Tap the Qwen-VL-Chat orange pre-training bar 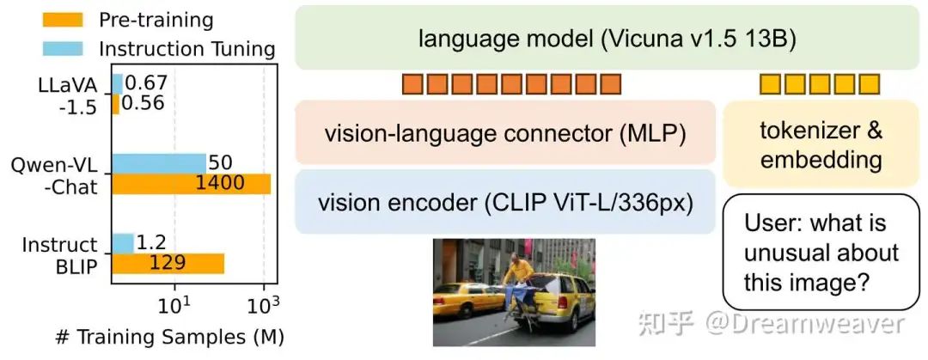click(x=190, y=183)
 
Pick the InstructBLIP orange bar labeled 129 click(x=167, y=263)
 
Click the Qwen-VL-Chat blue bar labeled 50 click(x=158, y=162)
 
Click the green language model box click(x=607, y=37)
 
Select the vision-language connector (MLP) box click(x=505, y=133)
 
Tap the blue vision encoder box click(x=505, y=202)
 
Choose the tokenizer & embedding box click(x=821, y=143)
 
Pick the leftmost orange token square click(x=412, y=84)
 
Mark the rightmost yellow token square click(x=870, y=84)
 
